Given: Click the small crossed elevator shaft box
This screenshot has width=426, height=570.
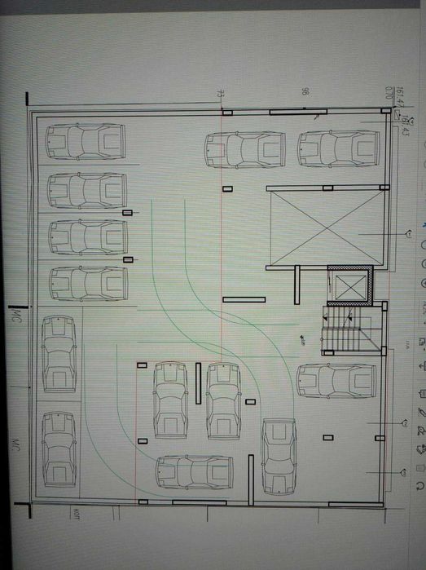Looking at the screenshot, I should coord(350,285).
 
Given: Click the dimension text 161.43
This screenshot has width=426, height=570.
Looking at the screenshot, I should coord(404,125).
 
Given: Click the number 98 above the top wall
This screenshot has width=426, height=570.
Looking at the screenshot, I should coord(305,91).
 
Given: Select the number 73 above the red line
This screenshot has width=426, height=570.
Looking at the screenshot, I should coord(220,95).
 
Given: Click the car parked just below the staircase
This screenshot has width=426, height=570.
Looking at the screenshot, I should coord(336,381).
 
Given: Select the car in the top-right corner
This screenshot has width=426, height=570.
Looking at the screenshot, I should coord(338,148).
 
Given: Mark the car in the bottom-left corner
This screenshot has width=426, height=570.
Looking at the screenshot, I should coord(59,448).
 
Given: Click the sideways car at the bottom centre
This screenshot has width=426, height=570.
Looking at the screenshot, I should coord(195,472).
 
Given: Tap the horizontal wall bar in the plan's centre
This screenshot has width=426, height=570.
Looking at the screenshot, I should coord(244,299).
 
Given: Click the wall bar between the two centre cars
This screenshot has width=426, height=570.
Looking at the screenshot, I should coord(197,382).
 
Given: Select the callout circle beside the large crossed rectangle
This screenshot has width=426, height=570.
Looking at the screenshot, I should coord(406,234).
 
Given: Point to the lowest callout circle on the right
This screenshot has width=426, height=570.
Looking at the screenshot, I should coord(404,471).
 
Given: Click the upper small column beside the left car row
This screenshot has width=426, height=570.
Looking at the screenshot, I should coord(127,213).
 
